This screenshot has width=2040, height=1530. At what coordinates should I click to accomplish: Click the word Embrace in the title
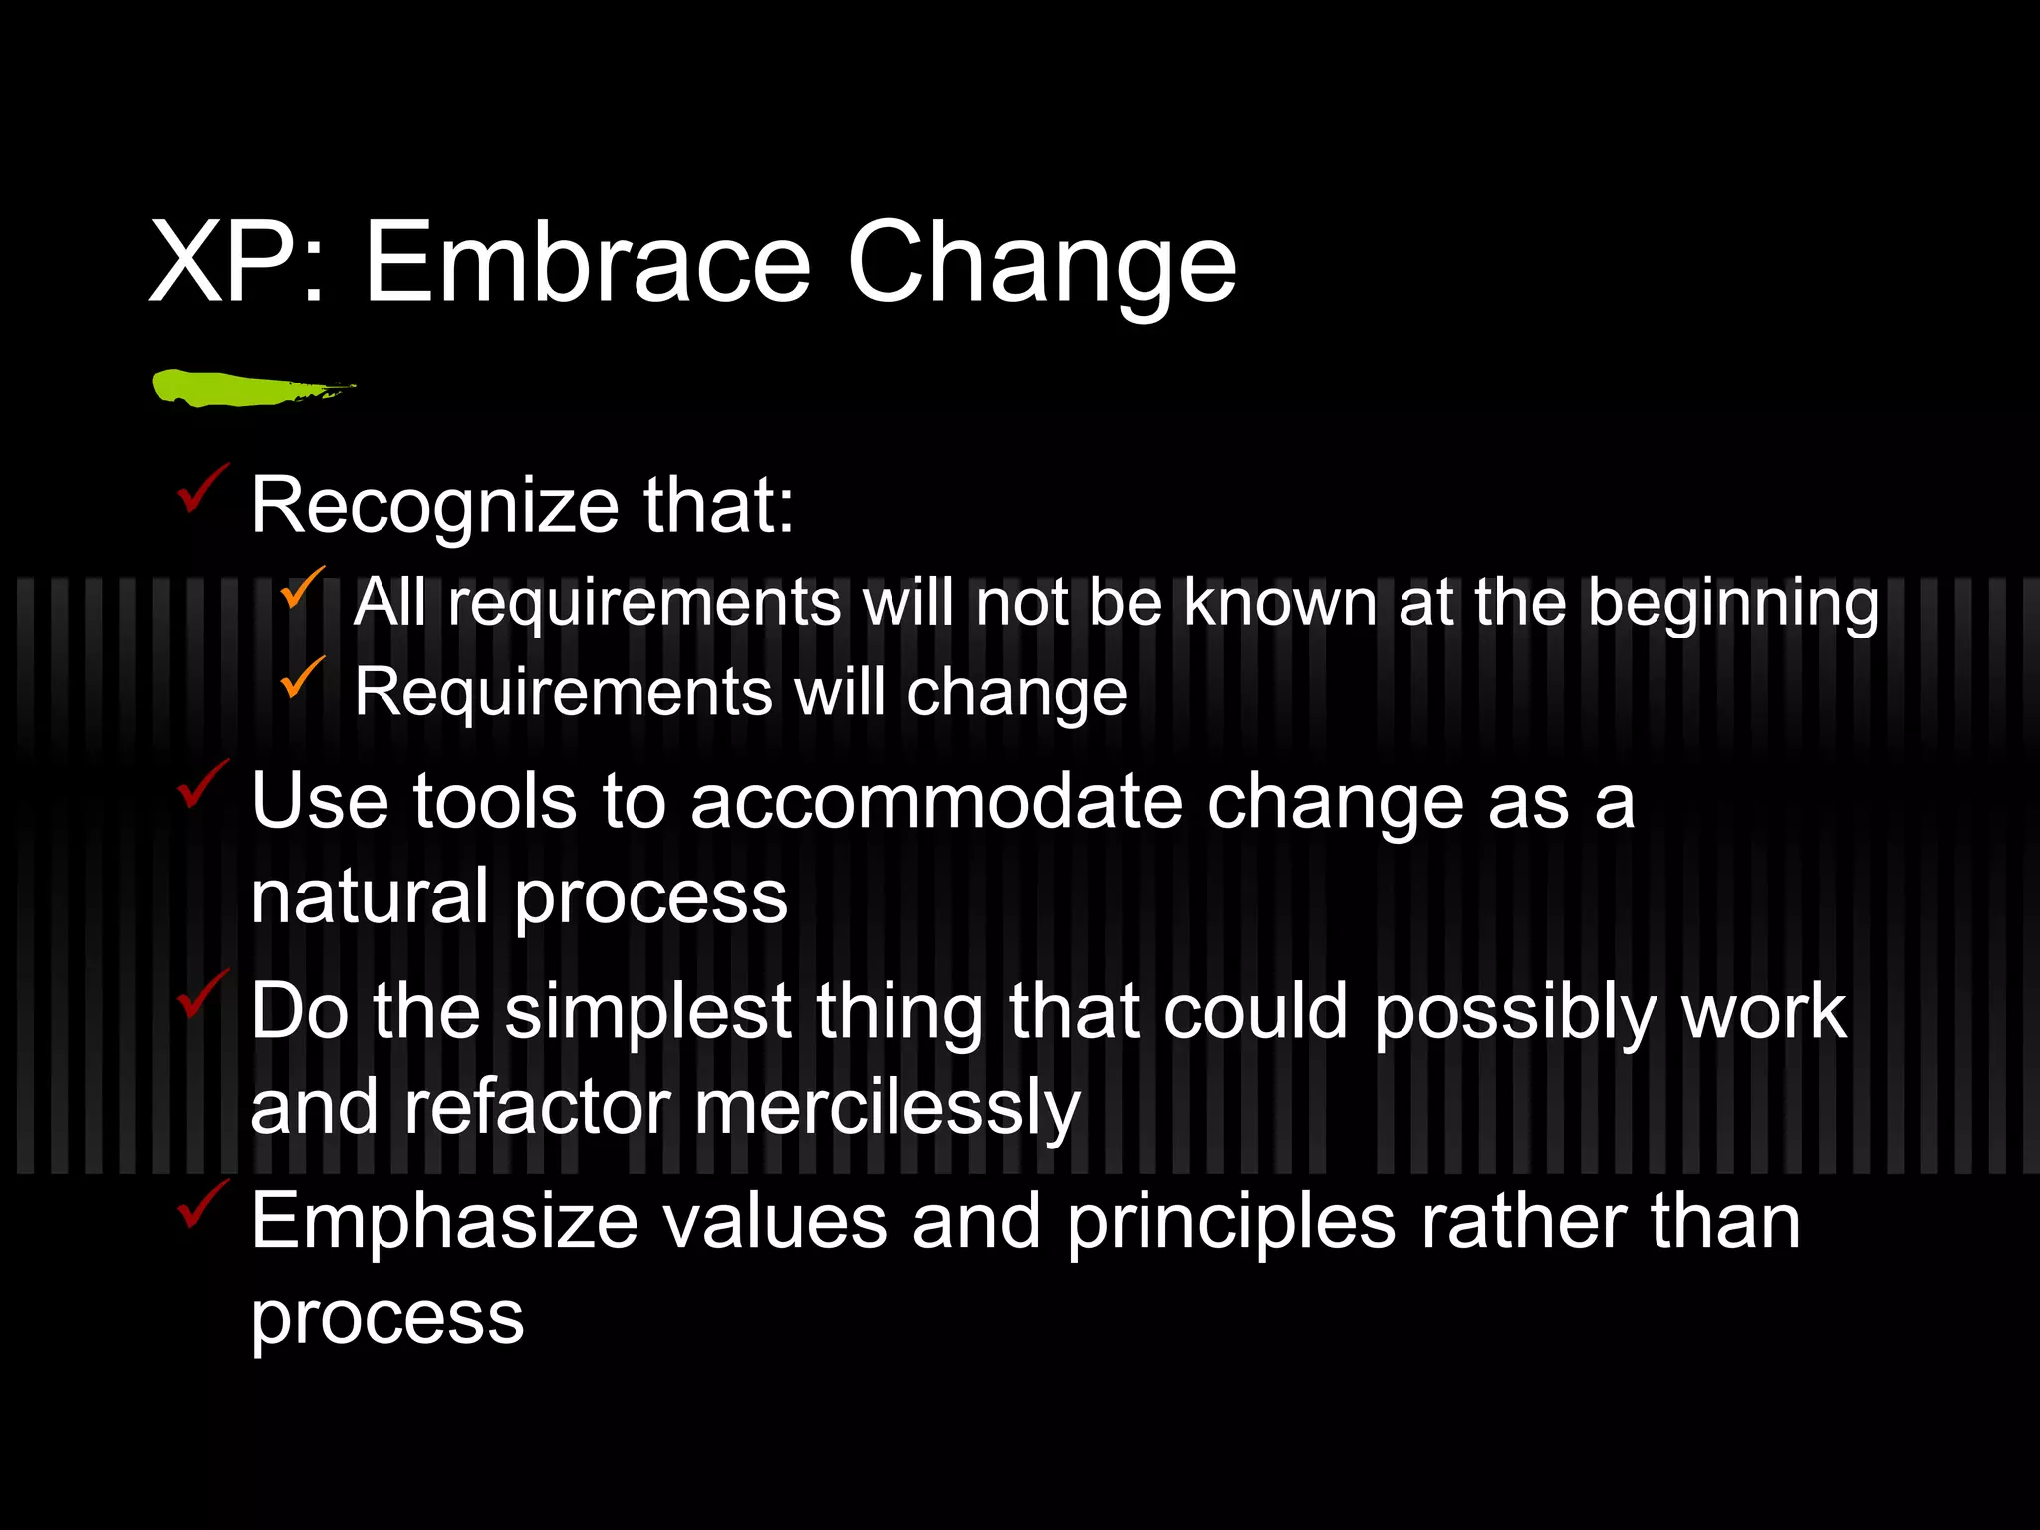click(x=588, y=263)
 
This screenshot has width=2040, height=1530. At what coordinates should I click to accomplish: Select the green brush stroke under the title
click(x=249, y=387)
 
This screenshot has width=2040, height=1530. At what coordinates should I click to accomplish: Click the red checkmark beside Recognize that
click(x=202, y=490)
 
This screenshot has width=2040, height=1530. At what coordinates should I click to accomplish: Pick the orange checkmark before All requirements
click(x=301, y=588)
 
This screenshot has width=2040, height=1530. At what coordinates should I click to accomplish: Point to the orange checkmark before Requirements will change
click(x=301, y=678)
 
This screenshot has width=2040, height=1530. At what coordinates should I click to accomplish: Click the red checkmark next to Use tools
click(x=202, y=785)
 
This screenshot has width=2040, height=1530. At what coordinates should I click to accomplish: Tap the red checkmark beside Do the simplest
click(x=202, y=995)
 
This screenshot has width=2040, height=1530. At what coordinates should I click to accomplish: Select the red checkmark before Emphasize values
click(x=202, y=1205)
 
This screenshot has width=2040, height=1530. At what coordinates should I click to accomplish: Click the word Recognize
click(x=434, y=506)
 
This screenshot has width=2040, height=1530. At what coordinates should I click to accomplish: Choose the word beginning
click(x=1732, y=604)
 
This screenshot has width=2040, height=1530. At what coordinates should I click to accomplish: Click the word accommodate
click(x=936, y=801)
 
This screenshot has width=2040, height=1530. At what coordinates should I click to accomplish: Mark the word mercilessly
click(x=887, y=1108)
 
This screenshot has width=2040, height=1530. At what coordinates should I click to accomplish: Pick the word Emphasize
click(x=443, y=1221)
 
